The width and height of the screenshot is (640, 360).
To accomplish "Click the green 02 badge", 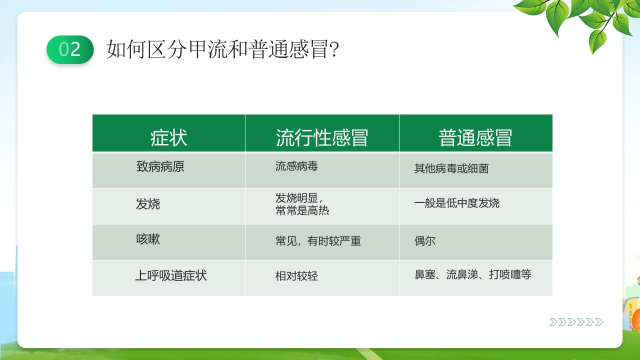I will (70, 49).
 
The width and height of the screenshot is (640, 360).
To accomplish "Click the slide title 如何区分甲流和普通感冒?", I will (222, 49).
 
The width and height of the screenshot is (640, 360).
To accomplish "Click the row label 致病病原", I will (160, 166).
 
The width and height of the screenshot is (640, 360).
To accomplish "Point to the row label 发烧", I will (148, 204).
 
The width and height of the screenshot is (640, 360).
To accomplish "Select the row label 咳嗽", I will (148, 239).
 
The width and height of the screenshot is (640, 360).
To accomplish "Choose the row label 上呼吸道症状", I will (171, 275).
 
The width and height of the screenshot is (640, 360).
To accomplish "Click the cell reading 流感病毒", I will (296, 166).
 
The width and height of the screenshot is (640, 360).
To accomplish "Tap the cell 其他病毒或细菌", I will (451, 168).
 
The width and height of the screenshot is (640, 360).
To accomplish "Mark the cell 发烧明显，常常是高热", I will (302, 204).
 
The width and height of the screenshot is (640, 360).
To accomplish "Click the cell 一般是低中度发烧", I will (457, 203).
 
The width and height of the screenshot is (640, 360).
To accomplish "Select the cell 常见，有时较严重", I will (318, 241).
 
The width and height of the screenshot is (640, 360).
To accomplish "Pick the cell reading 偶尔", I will (425, 241).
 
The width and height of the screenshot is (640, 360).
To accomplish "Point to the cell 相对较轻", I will (296, 276).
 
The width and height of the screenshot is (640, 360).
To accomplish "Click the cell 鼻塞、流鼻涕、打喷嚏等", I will (473, 274).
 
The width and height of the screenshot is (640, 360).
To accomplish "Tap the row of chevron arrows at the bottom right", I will (576, 322).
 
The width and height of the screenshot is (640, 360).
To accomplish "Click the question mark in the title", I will (335, 49).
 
